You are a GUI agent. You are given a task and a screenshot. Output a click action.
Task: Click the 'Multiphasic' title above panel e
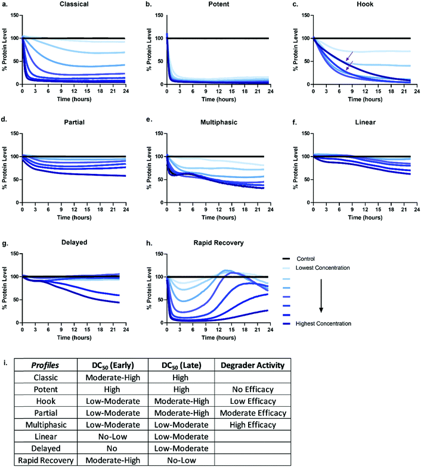point(217,123)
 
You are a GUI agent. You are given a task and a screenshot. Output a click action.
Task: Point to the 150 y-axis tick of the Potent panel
point(156,15)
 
